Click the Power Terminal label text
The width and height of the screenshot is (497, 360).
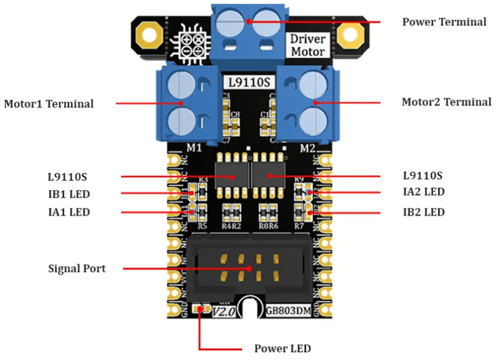tap(444, 22)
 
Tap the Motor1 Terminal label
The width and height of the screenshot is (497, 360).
tap(49, 104)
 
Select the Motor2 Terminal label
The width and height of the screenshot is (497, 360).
tap(446, 102)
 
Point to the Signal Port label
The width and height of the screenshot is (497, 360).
tap(77, 268)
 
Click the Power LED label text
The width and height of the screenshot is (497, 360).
tap(282, 348)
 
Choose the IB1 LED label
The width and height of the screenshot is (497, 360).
tap(69, 194)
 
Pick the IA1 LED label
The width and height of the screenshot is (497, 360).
tap(69, 212)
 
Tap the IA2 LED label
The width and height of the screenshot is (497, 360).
tap(423, 192)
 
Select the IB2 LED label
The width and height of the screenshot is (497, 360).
tap(423, 212)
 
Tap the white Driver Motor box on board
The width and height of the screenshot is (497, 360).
tap(307, 45)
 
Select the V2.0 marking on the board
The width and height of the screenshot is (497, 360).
tap(225, 311)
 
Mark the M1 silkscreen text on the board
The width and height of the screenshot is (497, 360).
tap(194, 148)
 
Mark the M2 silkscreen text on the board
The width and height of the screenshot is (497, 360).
tap(307, 148)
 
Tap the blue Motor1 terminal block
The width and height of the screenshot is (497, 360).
tap(184, 103)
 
